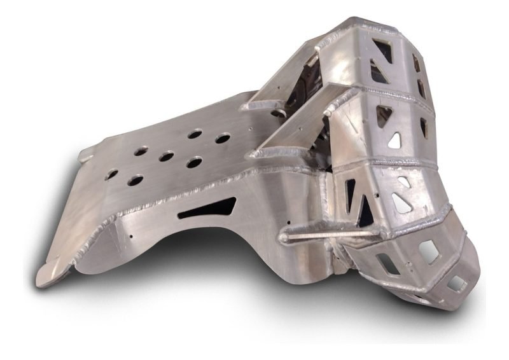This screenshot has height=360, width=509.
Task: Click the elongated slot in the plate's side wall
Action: click(x=207, y=208)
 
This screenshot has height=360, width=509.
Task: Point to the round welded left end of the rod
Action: click(x=283, y=239)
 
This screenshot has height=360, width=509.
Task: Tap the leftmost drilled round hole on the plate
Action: click(x=111, y=174)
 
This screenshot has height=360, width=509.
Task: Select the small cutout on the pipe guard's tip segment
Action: click(x=456, y=282)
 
